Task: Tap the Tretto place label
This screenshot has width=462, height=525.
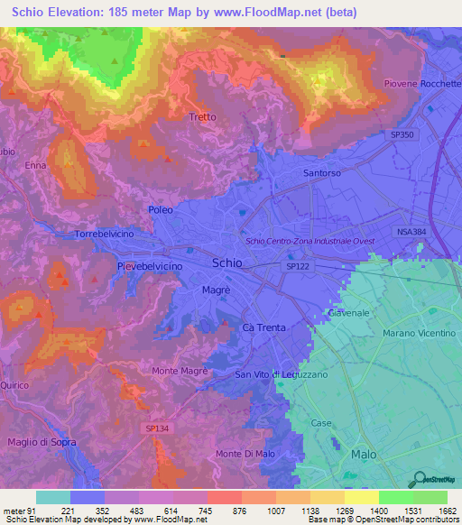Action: (203, 117)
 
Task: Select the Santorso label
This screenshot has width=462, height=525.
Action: (322, 172)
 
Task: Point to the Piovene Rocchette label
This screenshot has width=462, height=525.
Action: (423, 83)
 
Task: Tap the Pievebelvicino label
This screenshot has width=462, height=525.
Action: (150, 268)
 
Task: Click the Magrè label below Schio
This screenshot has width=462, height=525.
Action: (216, 290)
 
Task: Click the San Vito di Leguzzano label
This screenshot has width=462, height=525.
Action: (282, 374)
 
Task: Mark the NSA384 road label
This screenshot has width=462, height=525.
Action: (411, 232)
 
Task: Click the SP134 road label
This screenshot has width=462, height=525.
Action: (155, 431)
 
